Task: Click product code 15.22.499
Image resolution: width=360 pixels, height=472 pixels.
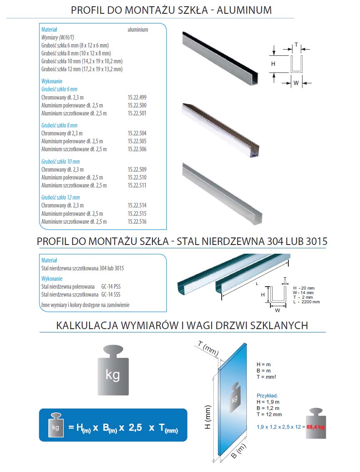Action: [x=137, y=97]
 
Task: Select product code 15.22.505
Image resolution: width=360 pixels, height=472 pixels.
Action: [x=137, y=141]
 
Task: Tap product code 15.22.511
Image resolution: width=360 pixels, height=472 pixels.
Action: [x=137, y=185]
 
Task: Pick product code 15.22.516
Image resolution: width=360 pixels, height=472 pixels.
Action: [x=137, y=222]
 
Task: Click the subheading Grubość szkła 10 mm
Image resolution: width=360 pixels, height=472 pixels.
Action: [x=60, y=162]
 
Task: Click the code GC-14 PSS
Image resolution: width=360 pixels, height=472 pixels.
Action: [x=111, y=287]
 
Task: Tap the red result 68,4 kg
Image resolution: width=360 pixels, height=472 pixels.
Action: [x=315, y=427]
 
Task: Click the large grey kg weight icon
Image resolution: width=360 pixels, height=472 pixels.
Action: [x=112, y=370]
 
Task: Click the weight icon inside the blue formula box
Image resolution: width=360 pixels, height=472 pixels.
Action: [x=55, y=425]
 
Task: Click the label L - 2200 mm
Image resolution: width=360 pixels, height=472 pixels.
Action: [x=307, y=302]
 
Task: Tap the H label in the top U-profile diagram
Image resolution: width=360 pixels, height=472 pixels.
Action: [x=273, y=64]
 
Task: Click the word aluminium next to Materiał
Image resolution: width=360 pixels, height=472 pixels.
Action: [x=137, y=30]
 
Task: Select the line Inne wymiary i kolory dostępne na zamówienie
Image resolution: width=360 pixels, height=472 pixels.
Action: [x=85, y=305]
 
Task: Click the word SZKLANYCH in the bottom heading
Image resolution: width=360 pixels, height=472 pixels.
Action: [x=279, y=325]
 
